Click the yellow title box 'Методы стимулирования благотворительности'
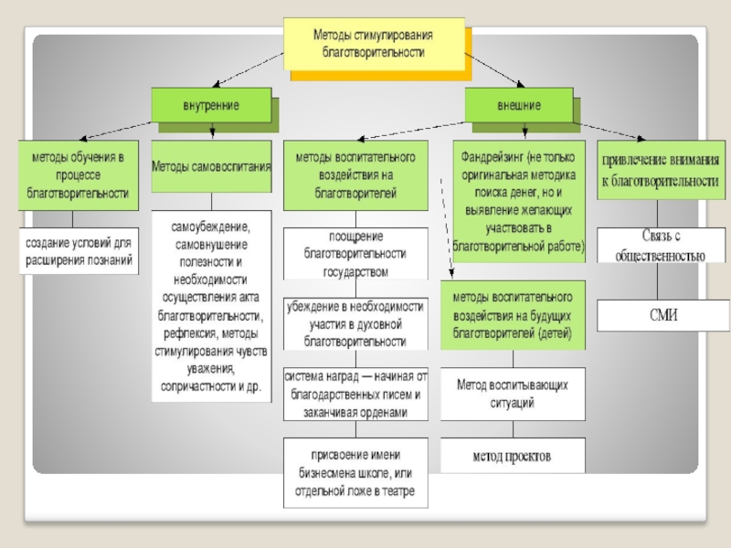click(374, 44)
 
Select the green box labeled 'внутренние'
click(209, 105)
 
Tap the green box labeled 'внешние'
click(518, 105)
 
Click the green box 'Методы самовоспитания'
click(211, 166)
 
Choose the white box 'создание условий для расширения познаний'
click(79, 252)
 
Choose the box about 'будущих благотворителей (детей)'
click(513, 315)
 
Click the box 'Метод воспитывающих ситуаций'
click(513, 394)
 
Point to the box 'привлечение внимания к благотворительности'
click(658, 171)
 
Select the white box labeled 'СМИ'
click(662, 316)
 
